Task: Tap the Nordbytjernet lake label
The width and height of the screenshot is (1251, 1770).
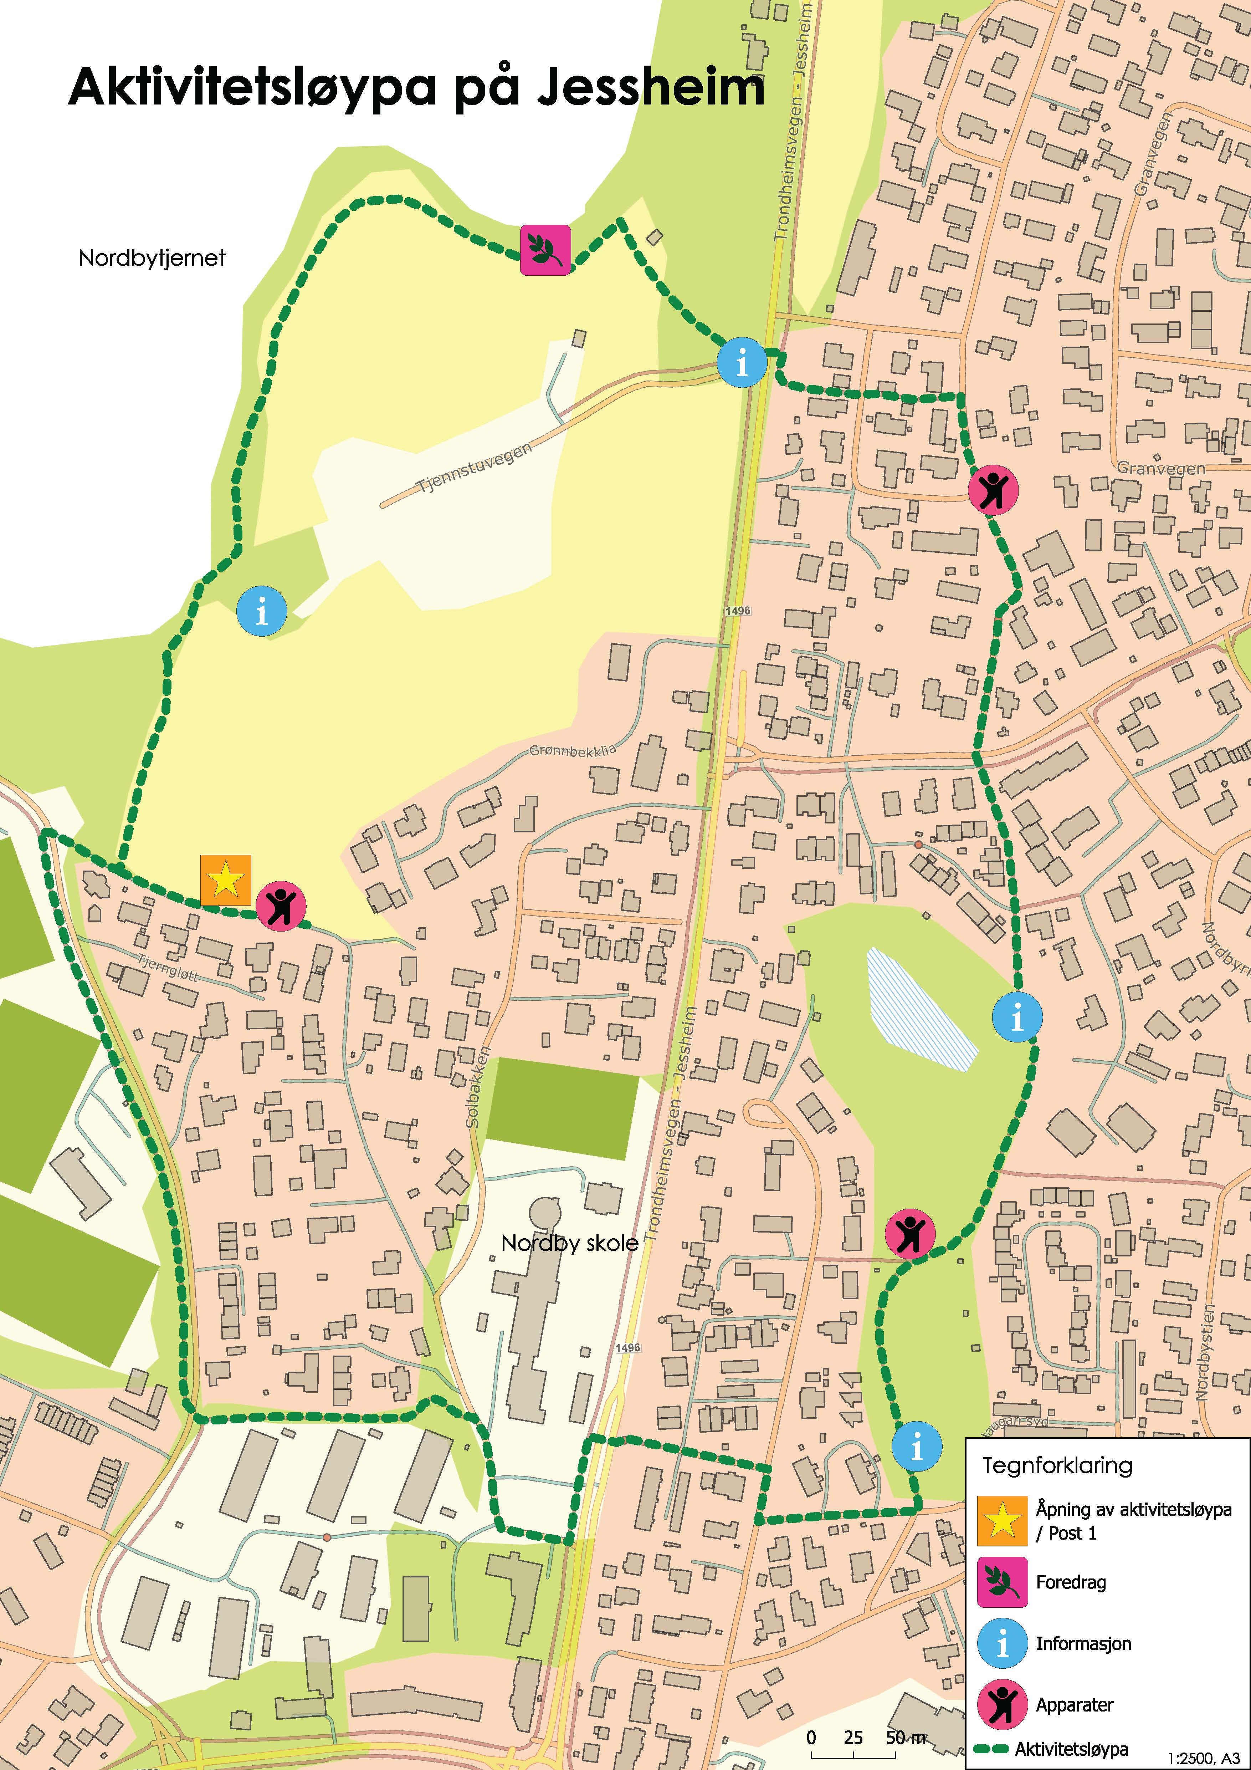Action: pos(152,257)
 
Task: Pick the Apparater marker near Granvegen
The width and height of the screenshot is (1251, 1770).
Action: pos(993,490)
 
